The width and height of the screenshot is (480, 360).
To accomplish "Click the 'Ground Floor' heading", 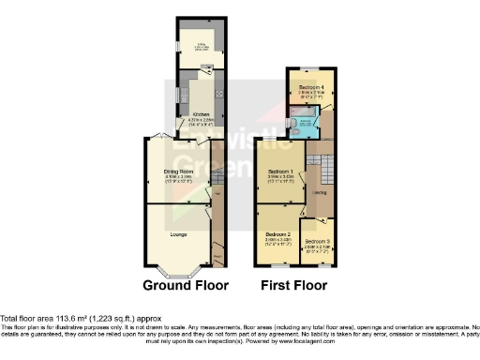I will pos(187,284).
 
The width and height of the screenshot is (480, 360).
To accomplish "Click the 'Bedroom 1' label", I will pos(281,172).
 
